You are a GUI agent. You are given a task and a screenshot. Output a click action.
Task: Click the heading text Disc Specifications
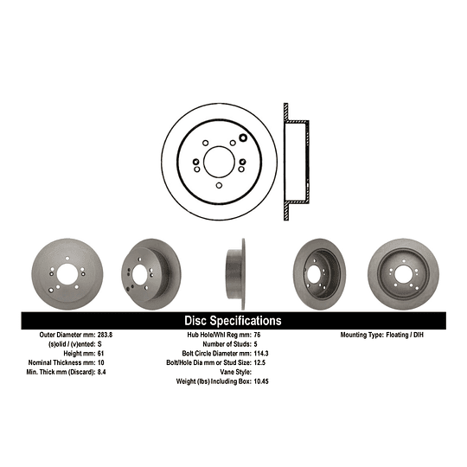coord(233,320)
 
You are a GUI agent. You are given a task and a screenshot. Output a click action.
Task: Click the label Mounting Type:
coord(361,334)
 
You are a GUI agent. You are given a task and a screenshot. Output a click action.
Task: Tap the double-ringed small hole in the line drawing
coord(242,136)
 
